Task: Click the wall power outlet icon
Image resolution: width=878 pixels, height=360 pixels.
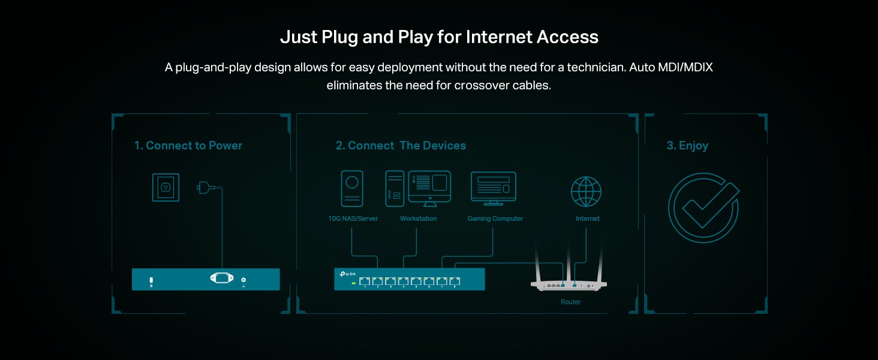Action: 165,187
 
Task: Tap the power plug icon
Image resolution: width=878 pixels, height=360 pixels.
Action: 206,188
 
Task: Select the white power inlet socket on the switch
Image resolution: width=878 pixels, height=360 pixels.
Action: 221,279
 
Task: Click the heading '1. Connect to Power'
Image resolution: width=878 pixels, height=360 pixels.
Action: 188,146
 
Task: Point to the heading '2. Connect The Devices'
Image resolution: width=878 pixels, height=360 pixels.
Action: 401,146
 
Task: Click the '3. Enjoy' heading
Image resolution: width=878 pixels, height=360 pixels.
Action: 687,146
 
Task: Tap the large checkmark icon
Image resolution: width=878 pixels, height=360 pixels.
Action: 703,207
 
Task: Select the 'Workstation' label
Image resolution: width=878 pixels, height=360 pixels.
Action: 418,219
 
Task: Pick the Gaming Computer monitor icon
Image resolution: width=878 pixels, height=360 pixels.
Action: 494,187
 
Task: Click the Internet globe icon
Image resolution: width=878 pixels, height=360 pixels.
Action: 586,191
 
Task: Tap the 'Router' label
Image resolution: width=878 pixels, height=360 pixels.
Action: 571,302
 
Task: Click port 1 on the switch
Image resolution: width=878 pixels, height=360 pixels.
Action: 365,281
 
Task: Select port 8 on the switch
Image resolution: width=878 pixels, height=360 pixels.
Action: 455,281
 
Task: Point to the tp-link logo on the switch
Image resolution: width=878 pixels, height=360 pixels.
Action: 347,274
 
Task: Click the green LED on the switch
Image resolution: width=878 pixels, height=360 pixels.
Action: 354,282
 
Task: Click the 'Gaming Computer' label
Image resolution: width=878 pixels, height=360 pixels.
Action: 495,219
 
